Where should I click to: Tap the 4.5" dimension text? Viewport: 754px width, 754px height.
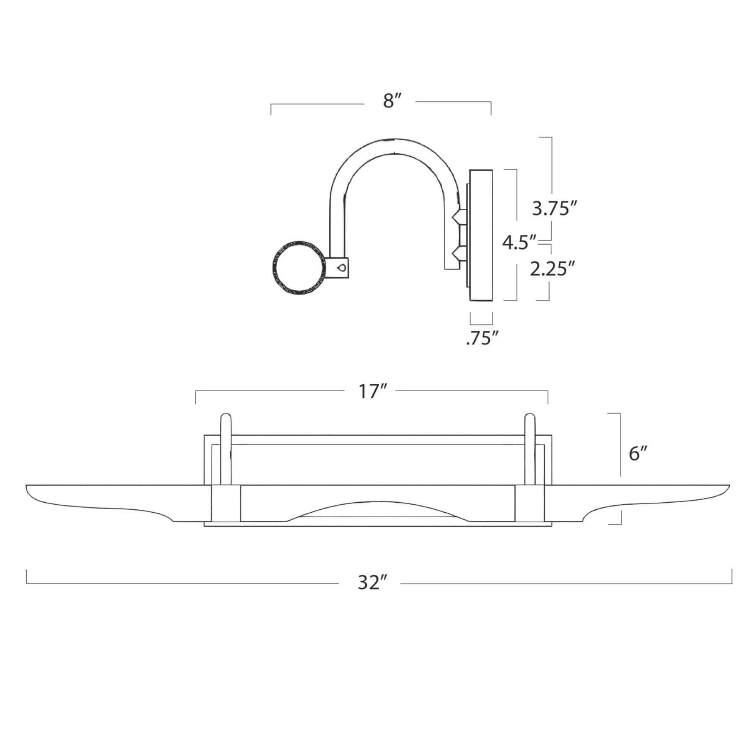click(519, 242)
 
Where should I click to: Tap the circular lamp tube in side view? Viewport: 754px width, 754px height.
click(299, 268)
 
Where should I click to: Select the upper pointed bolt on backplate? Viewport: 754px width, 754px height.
click(458, 217)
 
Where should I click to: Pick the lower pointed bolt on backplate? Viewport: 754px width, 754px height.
click(458, 253)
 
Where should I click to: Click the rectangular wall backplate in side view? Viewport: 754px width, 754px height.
click(481, 235)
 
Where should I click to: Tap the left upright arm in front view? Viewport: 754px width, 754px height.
click(225, 448)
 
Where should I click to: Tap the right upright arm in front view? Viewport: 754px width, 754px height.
click(529, 448)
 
